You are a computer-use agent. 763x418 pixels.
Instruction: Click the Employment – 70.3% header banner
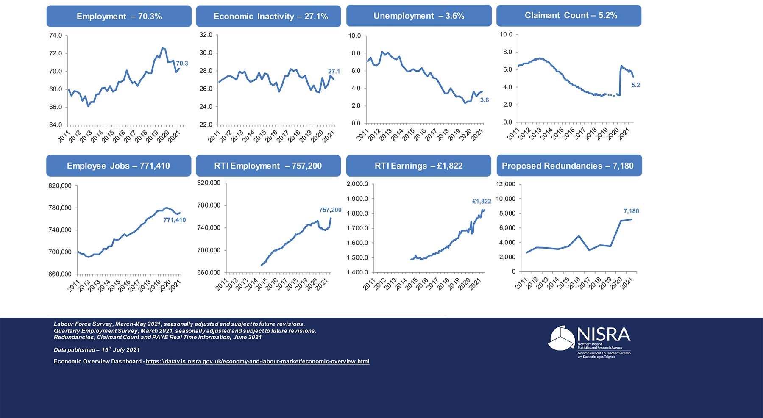tap(119, 16)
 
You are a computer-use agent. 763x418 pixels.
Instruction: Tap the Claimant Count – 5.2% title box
tap(568, 16)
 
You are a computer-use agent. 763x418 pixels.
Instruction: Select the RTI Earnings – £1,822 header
tap(418, 166)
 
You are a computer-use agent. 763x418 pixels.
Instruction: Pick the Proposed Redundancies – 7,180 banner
tap(569, 166)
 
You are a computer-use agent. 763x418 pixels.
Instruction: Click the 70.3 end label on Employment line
tap(182, 64)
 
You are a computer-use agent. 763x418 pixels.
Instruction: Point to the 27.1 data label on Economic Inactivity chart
tap(334, 72)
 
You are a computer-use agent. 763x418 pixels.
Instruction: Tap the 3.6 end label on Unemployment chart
tap(484, 100)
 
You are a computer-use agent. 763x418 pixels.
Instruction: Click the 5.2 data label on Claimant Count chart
tap(635, 85)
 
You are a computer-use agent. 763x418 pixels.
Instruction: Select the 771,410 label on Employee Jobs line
tap(174, 220)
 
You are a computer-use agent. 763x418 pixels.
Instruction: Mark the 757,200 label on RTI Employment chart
tap(330, 210)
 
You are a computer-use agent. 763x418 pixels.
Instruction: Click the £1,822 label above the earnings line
tap(482, 202)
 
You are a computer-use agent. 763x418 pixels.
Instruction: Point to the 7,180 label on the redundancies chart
tap(631, 211)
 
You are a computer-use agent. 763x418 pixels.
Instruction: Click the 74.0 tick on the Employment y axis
tap(56, 36)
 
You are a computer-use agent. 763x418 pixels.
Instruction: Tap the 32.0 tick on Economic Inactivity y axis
tap(206, 35)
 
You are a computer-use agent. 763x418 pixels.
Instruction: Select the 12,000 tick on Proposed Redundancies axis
tap(506, 184)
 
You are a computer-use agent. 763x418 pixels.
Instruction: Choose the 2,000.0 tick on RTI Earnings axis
tap(357, 184)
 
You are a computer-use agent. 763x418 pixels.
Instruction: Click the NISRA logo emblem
tap(562, 338)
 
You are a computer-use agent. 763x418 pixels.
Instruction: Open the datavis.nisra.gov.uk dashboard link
tap(257, 361)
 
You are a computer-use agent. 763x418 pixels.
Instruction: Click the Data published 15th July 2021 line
tap(97, 350)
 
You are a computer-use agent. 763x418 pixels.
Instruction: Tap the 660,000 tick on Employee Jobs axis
tap(60, 274)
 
